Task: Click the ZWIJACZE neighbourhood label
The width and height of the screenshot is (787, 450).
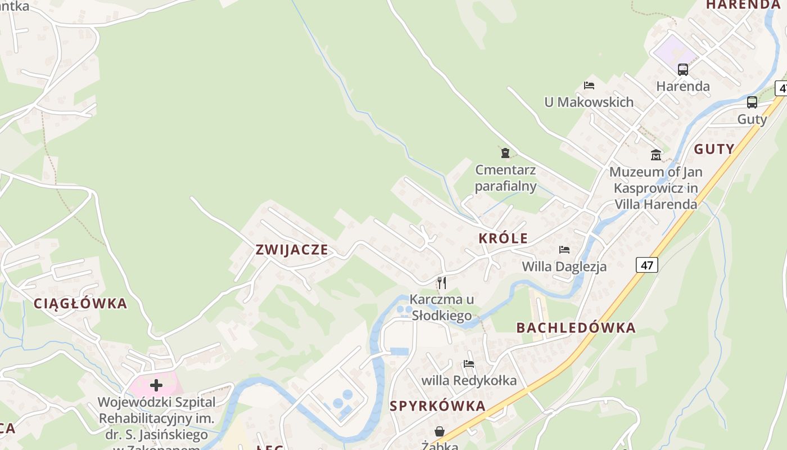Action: point(292,250)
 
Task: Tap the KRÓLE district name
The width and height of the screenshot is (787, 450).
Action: point(503,238)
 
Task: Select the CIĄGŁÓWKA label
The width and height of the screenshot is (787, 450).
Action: point(80,304)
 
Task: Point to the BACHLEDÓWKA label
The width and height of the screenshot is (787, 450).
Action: point(576,328)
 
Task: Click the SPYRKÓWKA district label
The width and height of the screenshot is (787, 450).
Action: point(437,406)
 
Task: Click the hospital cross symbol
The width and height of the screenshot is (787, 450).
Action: point(156,385)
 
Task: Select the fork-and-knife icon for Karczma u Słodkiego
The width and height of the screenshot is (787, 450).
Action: point(442,282)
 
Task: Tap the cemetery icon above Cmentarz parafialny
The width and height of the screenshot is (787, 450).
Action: point(505,152)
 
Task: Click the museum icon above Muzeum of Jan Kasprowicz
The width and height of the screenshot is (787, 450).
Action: point(656,155)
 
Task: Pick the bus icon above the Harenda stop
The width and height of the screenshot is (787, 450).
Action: point(683,70)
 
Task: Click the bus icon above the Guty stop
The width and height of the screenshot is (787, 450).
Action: point(752,102)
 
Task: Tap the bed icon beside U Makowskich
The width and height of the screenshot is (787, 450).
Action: point(589,85)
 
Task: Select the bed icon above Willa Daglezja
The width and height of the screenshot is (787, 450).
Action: point(564,249)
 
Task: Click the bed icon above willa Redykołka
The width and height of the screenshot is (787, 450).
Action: point(469,364)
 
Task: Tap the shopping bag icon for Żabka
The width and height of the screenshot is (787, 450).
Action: point(440,431)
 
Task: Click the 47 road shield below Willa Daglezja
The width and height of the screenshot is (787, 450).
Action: point(647,264)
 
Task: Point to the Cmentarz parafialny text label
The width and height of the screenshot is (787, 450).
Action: point(505,178)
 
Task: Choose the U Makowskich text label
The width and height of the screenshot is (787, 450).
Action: point(589,102)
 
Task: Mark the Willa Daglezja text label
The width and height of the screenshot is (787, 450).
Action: point(564,266)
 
